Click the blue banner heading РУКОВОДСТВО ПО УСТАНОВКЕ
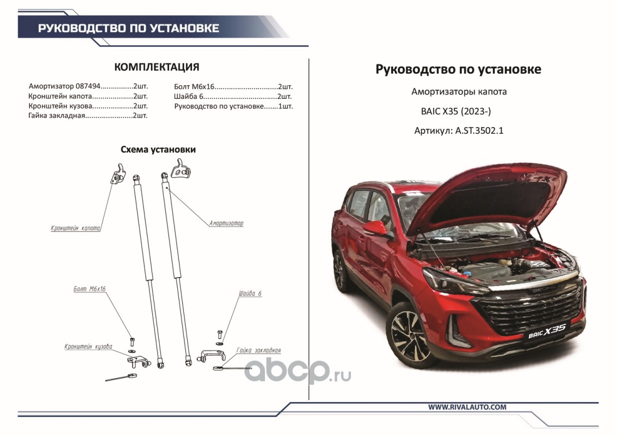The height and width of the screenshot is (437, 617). (128, 28)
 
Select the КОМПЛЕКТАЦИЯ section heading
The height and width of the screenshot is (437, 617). (157, 67)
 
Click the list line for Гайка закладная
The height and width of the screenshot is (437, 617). (88, 115)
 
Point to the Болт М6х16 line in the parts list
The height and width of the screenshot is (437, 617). (233, 87)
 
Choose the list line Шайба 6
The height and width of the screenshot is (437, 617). (233, 97)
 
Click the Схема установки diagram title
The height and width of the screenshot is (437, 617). (158, 150)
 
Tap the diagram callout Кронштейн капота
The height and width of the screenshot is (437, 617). (75, 228)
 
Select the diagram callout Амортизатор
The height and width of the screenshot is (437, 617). (226, 223)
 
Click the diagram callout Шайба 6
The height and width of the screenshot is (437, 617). (250, 293)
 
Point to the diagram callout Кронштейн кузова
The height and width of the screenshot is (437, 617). (88, 347)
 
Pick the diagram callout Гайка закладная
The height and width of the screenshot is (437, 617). (259, 350)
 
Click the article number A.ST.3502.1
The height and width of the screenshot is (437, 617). (480, 131)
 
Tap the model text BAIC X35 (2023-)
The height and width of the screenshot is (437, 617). (456, 111)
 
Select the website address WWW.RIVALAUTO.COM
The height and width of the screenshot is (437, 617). (468, 408)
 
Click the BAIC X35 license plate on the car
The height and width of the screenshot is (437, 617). (547, 332)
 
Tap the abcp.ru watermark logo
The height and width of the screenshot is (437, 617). (297, 371)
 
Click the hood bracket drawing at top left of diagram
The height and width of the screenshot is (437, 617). (118, 174)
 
